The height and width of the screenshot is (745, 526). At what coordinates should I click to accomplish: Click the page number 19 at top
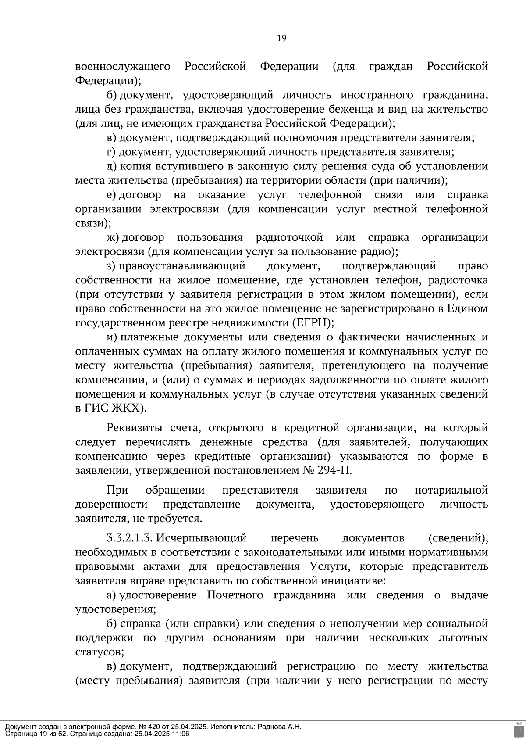(281, 38)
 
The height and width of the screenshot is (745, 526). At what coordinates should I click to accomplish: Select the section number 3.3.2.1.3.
(129, 538)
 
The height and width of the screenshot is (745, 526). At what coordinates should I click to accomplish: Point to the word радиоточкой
(289, 238)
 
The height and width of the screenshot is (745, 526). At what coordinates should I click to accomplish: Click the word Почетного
(235, 595)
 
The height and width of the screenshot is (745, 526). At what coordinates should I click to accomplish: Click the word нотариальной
(451, 490)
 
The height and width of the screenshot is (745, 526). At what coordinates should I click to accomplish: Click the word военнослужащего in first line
(123, 67)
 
